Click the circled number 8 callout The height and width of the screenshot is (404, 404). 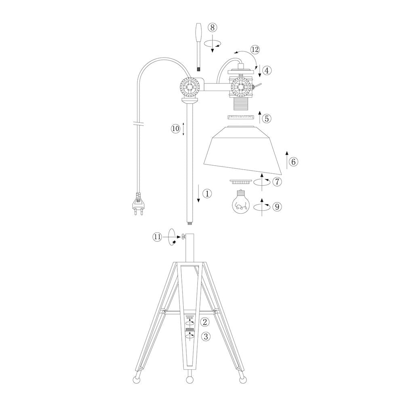tap(213, 27)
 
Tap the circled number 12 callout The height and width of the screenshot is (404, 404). tap(255, 49)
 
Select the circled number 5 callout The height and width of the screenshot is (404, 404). tap(267, 118)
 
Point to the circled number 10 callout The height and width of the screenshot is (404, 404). tap(176, 128)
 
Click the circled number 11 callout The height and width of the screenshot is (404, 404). tap(158, 237)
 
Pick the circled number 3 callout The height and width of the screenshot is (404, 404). tap(205, 336)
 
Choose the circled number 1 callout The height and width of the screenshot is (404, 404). tap(207, 194)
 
